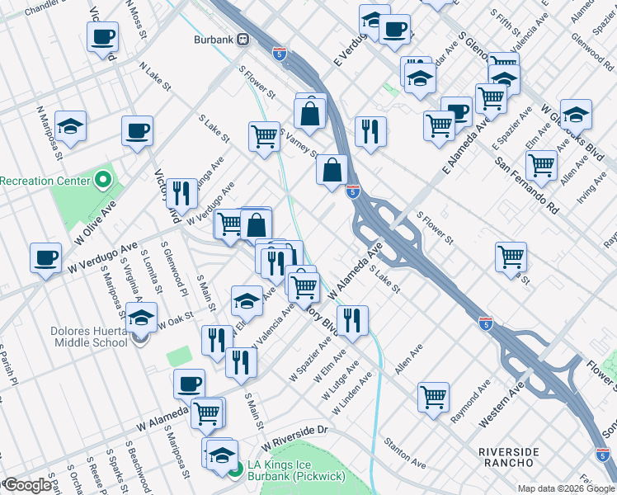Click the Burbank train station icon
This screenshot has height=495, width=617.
point(243,40)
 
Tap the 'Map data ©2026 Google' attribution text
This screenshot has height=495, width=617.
point(565,488)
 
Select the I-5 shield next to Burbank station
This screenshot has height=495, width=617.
point(280,54)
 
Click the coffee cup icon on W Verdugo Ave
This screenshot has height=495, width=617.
point(46,257)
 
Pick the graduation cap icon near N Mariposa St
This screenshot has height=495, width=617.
point(71,127)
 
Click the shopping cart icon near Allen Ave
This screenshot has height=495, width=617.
point(433,396)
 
